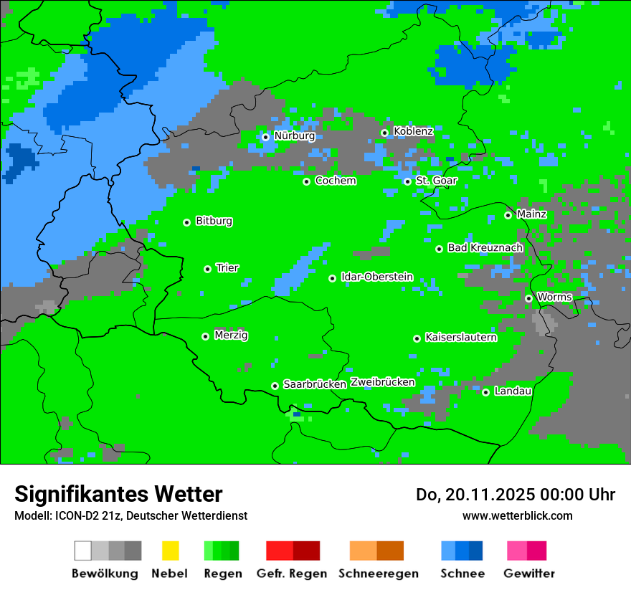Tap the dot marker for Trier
207,269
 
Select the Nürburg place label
294,136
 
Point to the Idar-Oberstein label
377,277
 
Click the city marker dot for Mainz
508,215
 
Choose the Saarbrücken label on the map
315,384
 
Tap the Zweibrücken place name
383,382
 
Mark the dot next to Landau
485,392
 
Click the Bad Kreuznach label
485,248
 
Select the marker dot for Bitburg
186,222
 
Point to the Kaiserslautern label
461,338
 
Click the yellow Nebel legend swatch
170,551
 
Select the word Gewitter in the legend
529,573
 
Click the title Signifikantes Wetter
118,495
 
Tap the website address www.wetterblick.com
517,516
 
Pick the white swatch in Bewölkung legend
82,551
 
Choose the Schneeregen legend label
379,573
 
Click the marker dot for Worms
528,298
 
